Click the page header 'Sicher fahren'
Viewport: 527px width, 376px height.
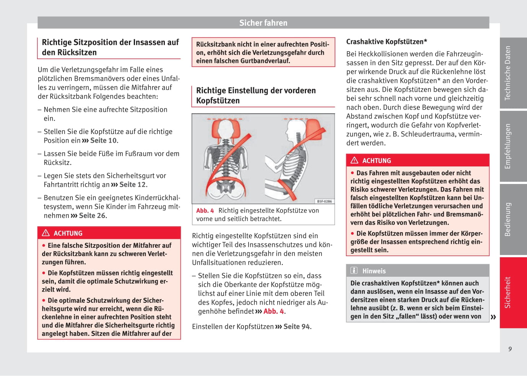(263, 23)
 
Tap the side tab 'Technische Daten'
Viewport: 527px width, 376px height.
(508, 73)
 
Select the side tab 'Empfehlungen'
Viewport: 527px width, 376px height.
(508, 146)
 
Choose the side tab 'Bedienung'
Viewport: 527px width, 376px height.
(508, 219)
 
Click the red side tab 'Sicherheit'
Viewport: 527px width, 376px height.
(508, 292)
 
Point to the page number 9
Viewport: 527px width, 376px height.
(510, 349)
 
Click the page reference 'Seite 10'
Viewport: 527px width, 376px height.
(103, 140)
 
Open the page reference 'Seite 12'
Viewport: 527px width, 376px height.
(132, 185)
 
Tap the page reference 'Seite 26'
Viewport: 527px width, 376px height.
(92, 216)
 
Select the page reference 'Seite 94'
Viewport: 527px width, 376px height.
(296, 327)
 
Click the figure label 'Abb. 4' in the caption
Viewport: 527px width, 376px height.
(205, 211)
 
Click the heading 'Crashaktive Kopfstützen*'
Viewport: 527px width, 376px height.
(386, 42)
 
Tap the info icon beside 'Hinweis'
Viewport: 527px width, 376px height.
(354, 271)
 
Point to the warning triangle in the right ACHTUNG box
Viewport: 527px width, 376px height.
(355, 160)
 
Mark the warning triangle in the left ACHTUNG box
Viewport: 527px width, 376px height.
(46, 233)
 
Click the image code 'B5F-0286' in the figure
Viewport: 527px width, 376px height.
(324, 201)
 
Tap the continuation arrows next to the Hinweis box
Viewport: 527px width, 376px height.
(493, 317)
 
